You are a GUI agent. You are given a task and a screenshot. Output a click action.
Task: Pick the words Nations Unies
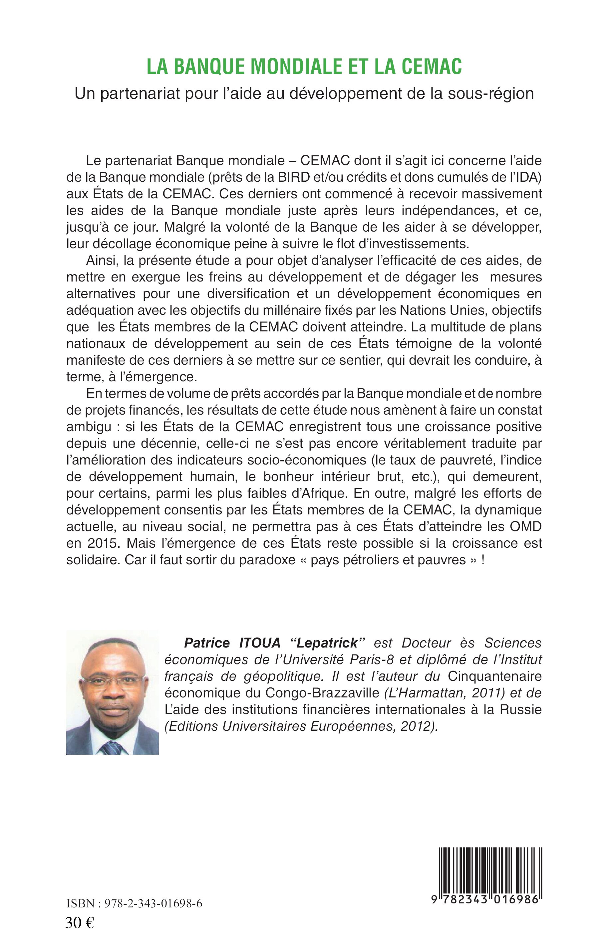click(x=443, y=310)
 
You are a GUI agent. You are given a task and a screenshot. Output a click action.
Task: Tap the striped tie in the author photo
click(x=112, y=748)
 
